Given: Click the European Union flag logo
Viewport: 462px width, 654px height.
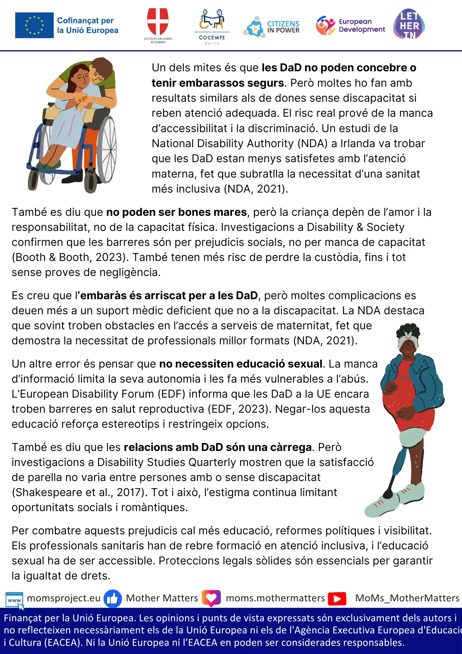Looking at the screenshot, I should [x=34, y=25].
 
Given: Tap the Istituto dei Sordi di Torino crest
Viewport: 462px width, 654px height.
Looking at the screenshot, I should [x=158, y=23].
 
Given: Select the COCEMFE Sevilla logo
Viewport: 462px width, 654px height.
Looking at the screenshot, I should [x=212, y=26].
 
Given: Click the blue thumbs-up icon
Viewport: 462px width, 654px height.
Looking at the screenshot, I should [x=113, y=599].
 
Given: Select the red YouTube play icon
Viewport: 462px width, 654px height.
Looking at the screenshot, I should [x=337, y=599].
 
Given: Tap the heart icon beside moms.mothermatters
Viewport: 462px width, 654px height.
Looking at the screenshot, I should [x=211, y=598].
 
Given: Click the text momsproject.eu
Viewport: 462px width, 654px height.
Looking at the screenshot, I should [x=64, y=598].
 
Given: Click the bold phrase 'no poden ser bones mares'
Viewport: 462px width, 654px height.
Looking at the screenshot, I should [x=176, y=212].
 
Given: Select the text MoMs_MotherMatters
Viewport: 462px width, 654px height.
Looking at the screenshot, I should [x=407, y=598].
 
